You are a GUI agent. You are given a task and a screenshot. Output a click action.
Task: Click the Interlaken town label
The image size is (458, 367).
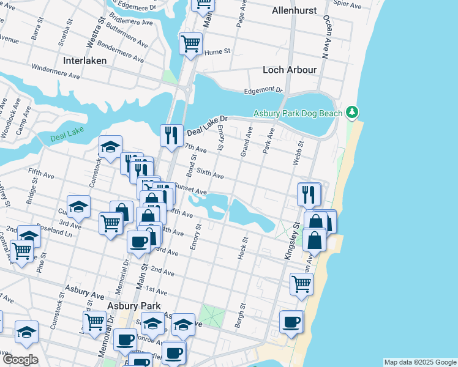pyautogui.click(x=84, y=61)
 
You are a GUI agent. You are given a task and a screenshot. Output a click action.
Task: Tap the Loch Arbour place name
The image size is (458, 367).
pyautogui.click(x=290, y=70)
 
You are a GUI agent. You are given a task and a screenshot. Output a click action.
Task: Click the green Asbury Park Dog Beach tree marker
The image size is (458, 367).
pyautogui.click(x=351, y=112)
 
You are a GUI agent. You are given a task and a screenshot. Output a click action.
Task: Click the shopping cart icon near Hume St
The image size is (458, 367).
pyautogui.click(x=190, y=44)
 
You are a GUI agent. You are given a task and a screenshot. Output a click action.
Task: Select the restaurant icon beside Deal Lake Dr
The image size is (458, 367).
pyautogui.click(x=171, y=135)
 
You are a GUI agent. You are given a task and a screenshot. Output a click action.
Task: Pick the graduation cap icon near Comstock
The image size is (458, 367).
pyautogui.click(x=110, y=147)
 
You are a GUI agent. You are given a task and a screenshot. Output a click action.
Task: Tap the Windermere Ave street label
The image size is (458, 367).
pyautogui.click(x=56, y=72)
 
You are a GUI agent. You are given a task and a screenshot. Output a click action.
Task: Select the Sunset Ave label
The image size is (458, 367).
pyautogui.click(x=190, y=188)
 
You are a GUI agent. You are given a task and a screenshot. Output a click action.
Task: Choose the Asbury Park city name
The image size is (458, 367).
pyautogui.click(x=133, y=306)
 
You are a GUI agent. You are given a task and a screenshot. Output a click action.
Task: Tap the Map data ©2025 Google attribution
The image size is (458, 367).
pyautogui.click(x=420, y=362)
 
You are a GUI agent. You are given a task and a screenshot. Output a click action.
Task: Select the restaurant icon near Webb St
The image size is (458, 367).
pyautogui.click(x=309, y=194)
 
